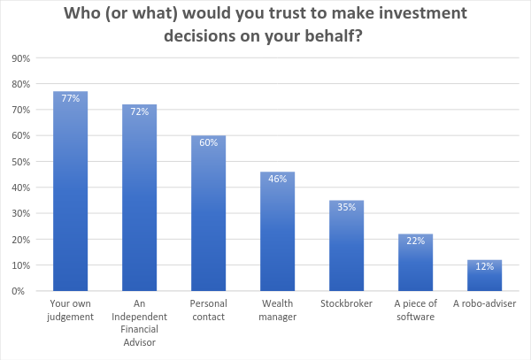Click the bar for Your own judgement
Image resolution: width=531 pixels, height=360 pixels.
71,191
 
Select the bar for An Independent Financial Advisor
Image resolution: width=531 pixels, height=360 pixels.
139,197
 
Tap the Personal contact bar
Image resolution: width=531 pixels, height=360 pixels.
208,213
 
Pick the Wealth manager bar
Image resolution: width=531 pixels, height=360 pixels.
277,231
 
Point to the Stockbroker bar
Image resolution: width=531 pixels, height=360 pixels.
346,245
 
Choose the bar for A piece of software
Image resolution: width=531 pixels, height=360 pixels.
416,262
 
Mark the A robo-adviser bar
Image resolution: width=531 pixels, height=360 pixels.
485,275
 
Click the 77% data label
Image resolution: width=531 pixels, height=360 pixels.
71,98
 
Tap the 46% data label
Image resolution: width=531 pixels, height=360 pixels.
277,179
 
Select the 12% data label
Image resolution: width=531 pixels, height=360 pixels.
485,266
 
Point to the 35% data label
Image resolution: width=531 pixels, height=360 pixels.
346,207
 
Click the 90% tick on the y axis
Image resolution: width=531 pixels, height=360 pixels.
21,58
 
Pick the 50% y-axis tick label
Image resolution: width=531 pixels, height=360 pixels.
21,162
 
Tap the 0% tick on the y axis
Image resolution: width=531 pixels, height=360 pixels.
19,291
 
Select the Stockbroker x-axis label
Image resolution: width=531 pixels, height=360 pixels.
346,303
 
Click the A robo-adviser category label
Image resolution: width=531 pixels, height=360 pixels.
485,303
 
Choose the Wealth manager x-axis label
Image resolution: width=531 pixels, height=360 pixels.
277,310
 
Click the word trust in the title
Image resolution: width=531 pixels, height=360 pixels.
298,13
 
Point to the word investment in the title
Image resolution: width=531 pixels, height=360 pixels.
423,13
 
